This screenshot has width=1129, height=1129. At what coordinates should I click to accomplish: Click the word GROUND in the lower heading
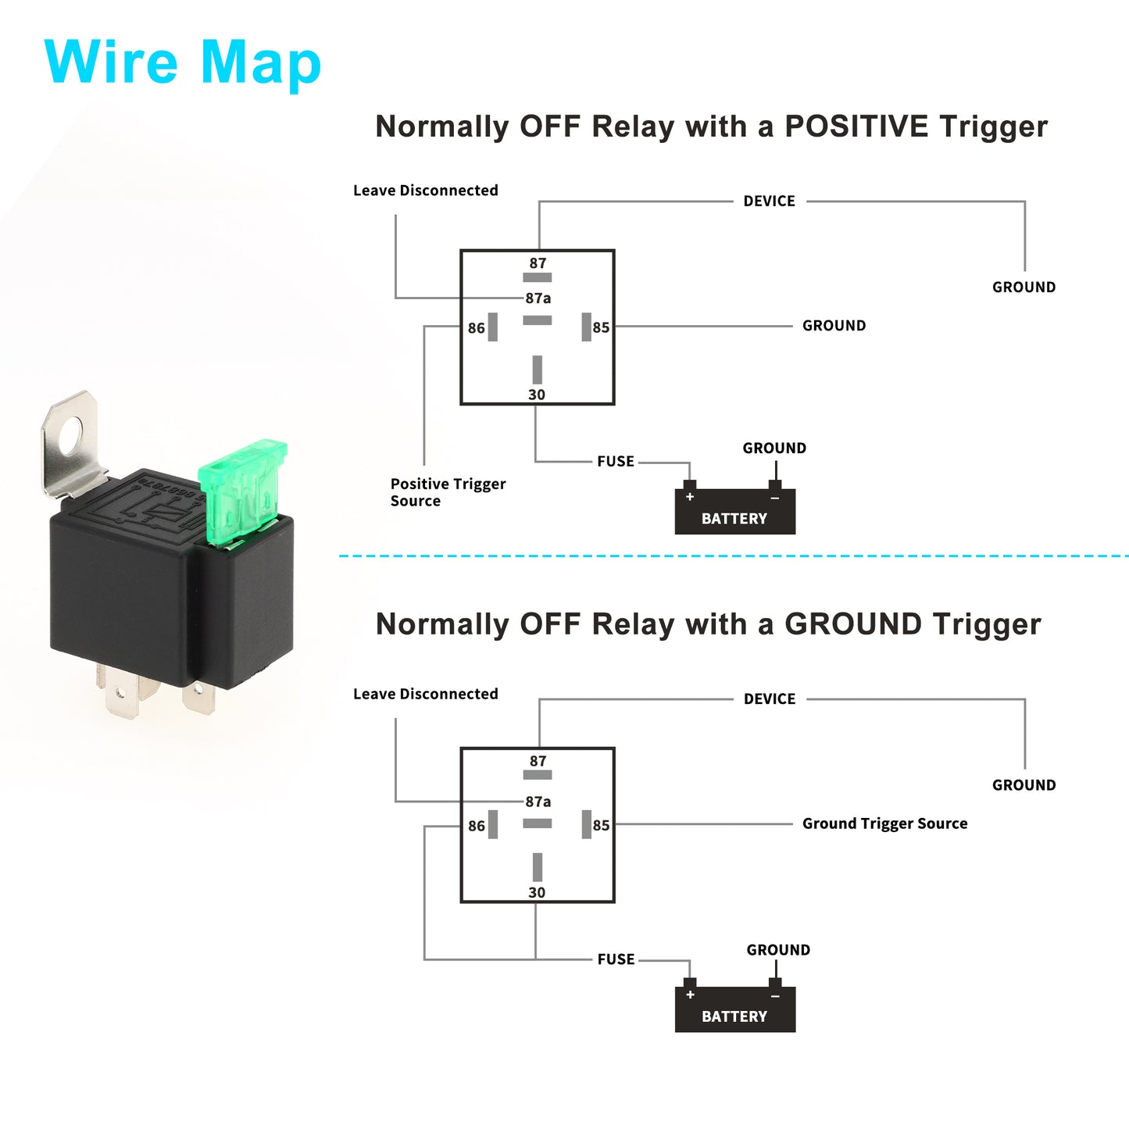(853, 624)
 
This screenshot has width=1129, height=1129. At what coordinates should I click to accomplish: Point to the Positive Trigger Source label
(448, 492)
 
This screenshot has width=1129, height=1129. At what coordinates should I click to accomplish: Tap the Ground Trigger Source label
(884, 824)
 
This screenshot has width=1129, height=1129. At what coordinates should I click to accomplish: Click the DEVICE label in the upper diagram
(770, 201)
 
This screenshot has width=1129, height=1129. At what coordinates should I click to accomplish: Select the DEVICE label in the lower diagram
(770, 699)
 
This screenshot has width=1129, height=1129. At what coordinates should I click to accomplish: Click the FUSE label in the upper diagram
(615, 462)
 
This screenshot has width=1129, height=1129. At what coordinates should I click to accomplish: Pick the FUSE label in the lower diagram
(615, 959)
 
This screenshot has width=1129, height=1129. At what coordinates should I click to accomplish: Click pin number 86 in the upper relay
(477, 328)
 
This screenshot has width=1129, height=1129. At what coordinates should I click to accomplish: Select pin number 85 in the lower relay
(601, 826)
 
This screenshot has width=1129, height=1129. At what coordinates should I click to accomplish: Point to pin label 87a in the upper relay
(538, 298)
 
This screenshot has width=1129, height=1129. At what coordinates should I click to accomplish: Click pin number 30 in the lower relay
(537, 892)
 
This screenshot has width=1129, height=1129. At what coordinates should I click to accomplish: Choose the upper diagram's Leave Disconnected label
(425, 191)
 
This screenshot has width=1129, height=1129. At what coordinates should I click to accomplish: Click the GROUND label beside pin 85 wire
(834, 326)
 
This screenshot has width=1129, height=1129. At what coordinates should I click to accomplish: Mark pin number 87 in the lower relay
(538, 761)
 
